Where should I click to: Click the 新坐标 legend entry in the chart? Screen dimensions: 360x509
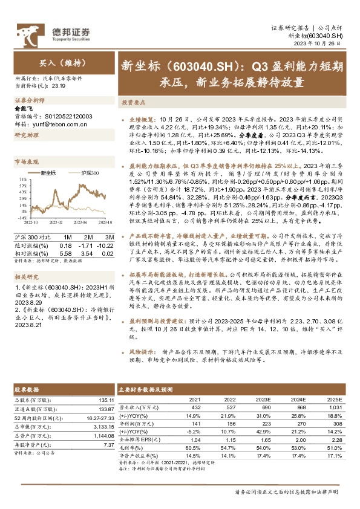coord(48,173)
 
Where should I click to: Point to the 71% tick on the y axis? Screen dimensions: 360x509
coord(22,180)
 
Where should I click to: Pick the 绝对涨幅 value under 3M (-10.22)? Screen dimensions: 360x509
coord(105,245)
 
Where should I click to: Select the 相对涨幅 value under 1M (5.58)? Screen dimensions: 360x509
coord(66,253)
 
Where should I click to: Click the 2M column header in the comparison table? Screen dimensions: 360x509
coord(88,238)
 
